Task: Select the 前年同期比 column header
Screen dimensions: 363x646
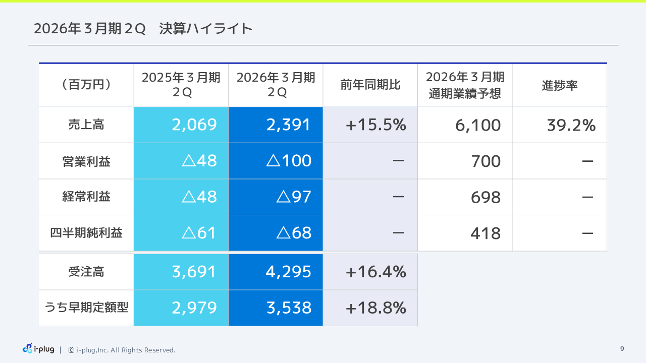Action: (370, 85)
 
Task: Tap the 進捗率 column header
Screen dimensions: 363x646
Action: (559, 85)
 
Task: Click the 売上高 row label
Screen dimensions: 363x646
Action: (86, 125)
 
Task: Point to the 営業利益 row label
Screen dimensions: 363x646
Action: (86, 161)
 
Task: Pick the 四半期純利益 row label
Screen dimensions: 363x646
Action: (86, 233)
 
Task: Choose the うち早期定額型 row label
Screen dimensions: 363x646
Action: (86, 308)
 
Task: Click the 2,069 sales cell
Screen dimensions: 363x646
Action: (194, 125)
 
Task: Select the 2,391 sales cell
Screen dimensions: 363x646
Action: (289, 125)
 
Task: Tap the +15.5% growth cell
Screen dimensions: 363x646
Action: (376, 125)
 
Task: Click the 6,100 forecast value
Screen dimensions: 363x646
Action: (478, 126)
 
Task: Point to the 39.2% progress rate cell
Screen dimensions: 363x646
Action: (571, 126)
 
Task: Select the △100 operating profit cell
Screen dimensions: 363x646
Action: (289, 161)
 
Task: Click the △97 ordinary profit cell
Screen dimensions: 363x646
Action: (294, 197)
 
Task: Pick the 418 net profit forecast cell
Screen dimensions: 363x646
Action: (486, 233)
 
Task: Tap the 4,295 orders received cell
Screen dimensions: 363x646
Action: (289, 272)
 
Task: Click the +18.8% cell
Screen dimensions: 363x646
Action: (376, 308)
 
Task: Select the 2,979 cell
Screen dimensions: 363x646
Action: (194, 308)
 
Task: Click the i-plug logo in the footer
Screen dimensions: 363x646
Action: (38, 349)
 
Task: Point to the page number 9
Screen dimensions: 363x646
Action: (622, 349)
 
